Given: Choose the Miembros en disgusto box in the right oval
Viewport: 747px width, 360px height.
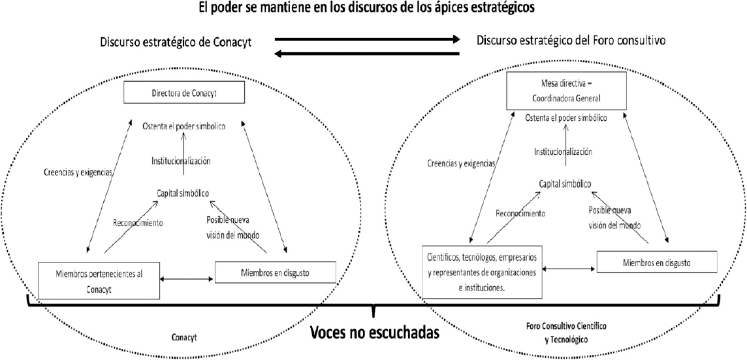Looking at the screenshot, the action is [x=657, y=263].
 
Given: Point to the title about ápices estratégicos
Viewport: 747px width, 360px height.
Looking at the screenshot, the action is [x=374, y=8].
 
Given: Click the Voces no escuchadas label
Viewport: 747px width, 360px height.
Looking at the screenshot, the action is [x=373, y=333].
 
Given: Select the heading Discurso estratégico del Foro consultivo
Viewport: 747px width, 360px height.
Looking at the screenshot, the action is [x=571, y=41].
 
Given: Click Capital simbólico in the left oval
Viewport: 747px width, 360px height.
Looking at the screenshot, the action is [x=183, y=192].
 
